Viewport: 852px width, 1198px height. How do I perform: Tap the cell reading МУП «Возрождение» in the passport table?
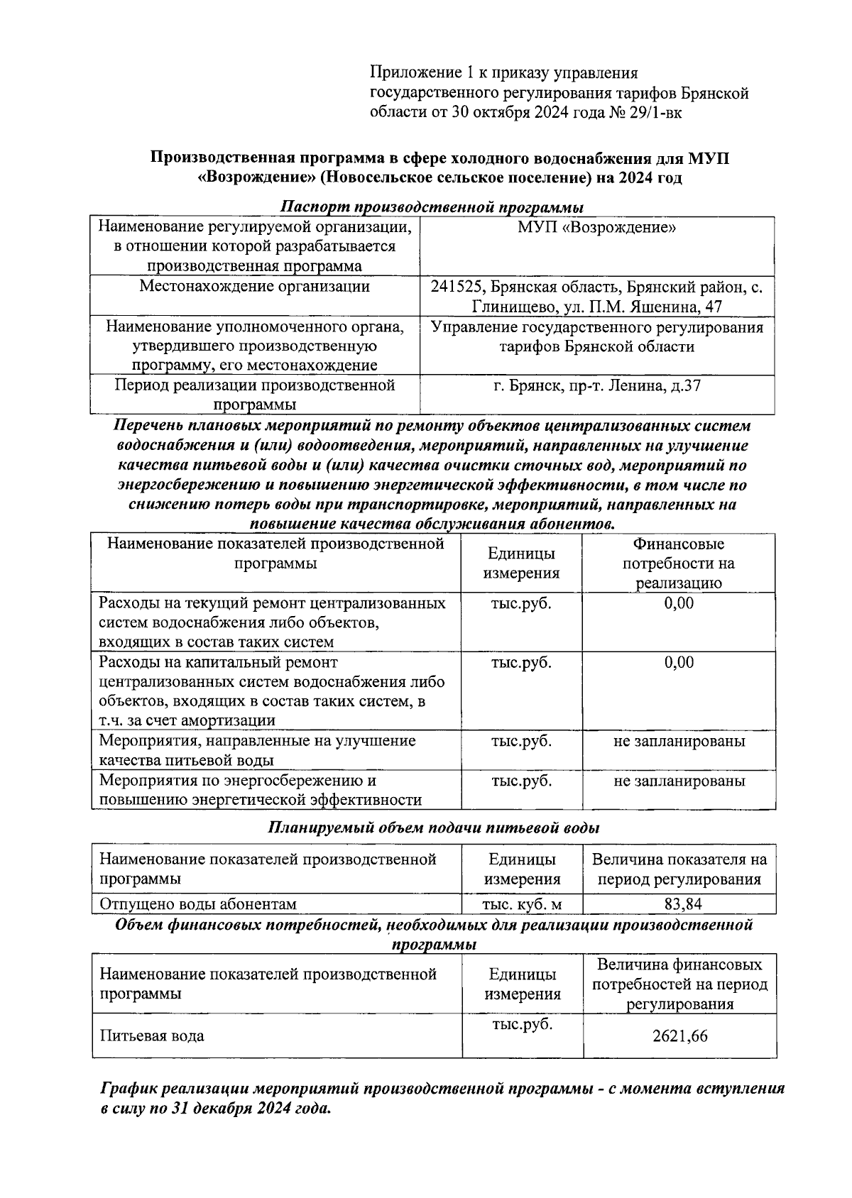pyautogui.click(x=596, y=228)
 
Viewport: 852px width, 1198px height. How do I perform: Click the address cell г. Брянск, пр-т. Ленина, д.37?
pyautogui.click(x=597, y=386)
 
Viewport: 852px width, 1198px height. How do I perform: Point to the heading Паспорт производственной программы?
pyautogui.click(x=432, y=207)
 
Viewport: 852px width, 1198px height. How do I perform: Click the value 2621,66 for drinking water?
pyautogui.click(x=679, y=1035)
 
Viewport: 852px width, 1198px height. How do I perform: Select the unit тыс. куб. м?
pyautogui.click(x=522, y=903)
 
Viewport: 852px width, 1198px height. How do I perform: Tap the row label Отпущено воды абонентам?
pyautogui.click(x=197, y=903)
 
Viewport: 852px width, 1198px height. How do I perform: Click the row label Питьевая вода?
pyautogui.click(x=152, y=1035)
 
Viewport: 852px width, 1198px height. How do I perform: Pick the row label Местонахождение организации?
pyautogui.click(x=254, y=287)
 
